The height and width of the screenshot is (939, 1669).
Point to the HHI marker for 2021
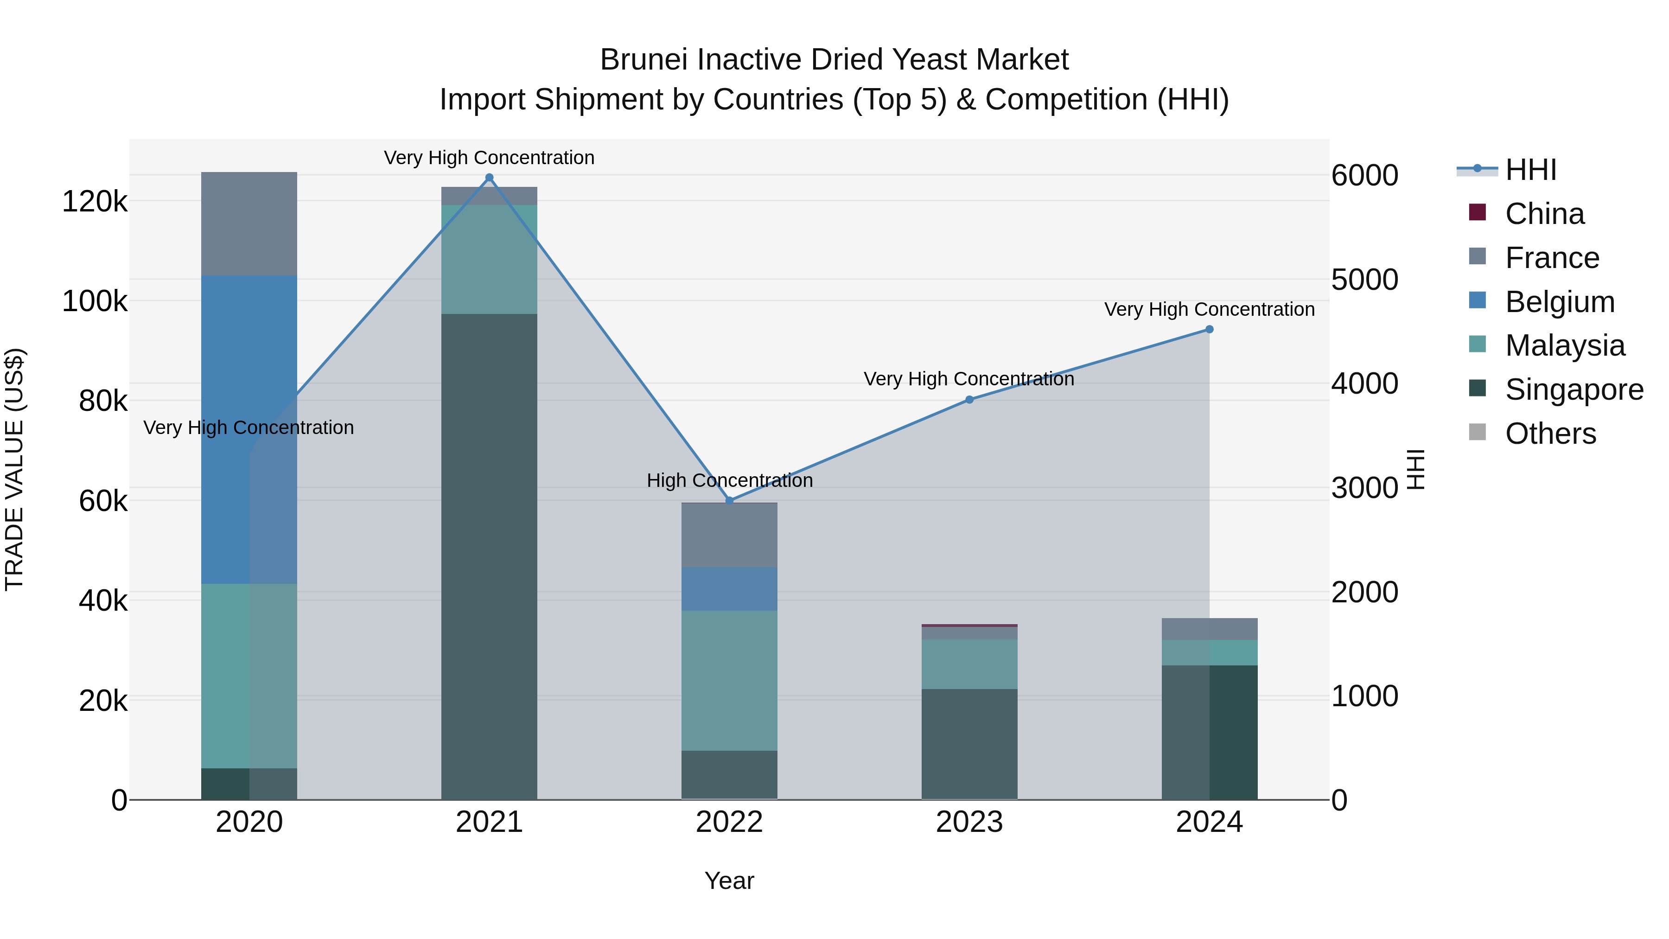click(489, 178)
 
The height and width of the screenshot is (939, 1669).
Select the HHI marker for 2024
click(1209, 329)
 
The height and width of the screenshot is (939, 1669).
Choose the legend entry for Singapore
click(1574, 390)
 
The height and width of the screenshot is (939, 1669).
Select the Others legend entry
click(1550, 434)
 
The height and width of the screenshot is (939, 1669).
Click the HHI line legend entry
click(1530, 170)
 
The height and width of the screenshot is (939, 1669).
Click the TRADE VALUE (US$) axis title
click(14, 469)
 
